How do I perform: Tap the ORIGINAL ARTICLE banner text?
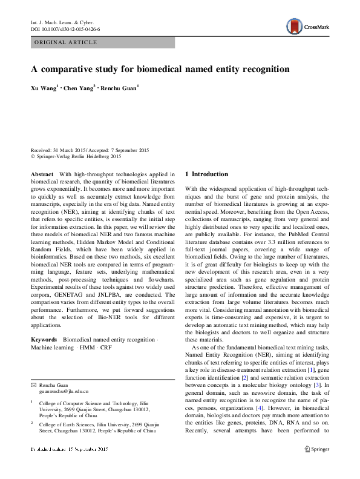click(x=66, y=42)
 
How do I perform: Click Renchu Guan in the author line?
click(x=120, y=88)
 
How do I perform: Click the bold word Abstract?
click(x=42, y=174)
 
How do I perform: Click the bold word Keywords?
click(x=45, y=340)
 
